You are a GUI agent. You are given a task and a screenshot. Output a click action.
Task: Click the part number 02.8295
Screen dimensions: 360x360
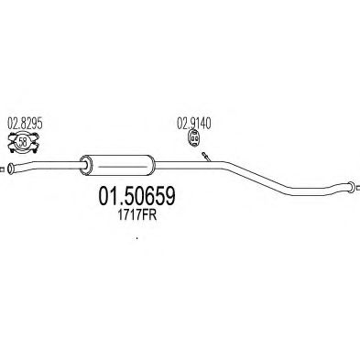(25, 124)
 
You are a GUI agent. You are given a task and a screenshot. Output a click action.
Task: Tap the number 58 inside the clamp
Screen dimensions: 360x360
(23, 142)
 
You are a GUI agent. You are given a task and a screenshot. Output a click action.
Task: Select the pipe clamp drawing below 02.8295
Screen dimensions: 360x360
(24, 142)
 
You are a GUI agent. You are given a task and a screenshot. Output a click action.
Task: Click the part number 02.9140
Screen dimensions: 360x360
(194, 124)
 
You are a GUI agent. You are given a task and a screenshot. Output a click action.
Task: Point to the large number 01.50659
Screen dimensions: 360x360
(136, 196)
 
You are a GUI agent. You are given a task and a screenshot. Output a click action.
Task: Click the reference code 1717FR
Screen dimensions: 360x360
(136, 216)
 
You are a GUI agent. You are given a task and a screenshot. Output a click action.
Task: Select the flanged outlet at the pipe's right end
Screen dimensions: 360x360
(350, 187)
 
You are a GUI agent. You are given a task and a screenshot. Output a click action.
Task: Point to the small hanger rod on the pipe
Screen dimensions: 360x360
(206, 157)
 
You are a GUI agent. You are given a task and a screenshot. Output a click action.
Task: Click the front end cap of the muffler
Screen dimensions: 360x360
(85, 165)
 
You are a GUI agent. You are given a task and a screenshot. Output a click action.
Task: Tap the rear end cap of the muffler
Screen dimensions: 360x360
(153, 165)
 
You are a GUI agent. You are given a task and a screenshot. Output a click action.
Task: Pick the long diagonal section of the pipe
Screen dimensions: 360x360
(258, 176)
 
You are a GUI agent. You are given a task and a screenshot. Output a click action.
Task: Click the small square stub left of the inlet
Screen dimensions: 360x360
(2, 169)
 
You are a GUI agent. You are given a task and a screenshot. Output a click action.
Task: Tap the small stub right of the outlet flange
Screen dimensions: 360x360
(358, 187)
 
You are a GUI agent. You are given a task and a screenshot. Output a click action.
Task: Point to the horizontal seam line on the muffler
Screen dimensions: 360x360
(122, 167)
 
